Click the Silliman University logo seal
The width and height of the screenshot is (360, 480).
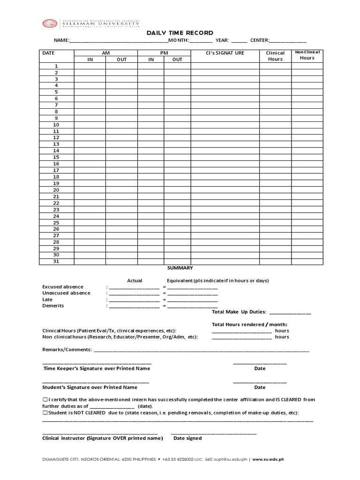50,23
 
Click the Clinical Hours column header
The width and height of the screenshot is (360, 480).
275,56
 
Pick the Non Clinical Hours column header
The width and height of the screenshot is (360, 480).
307,55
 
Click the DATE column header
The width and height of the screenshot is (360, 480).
48,53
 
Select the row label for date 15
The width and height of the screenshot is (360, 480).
56,157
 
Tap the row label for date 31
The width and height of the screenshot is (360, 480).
56,262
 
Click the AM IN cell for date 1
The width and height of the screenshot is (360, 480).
90,66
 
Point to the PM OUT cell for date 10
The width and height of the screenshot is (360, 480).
177,125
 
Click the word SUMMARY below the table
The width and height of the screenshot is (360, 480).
180,268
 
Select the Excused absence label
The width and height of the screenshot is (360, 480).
63,287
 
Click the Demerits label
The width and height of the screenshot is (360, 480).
53,306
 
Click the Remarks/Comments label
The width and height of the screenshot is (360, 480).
67,350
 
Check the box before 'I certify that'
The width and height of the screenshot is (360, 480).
45,400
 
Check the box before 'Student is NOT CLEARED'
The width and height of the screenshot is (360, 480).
45,413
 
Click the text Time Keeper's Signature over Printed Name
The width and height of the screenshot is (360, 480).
97,368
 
